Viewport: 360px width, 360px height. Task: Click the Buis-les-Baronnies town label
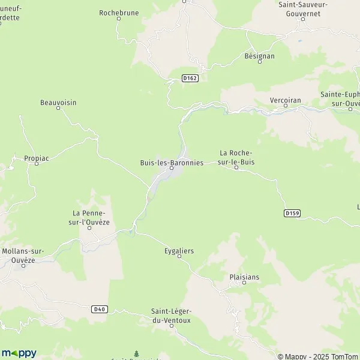pos(172,163)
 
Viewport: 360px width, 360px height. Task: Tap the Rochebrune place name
pos(119,11)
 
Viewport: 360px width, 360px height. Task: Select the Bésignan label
pos(259,55)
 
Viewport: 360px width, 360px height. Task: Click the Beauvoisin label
pos(58,103)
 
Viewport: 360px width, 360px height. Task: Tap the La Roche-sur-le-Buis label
pos(236,157)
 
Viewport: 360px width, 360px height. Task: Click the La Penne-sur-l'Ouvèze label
pos(89,217)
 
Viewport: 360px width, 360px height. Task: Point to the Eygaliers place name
pos(179,251)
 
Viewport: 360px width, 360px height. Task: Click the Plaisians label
pos(244,277)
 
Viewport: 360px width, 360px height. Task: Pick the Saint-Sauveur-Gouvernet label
pos(303,8)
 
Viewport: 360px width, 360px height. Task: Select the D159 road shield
pos(292,213)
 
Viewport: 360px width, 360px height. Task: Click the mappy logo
pos(19,353)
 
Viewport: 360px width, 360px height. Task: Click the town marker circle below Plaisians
pos(244,283)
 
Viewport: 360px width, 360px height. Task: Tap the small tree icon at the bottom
pos(137,353)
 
